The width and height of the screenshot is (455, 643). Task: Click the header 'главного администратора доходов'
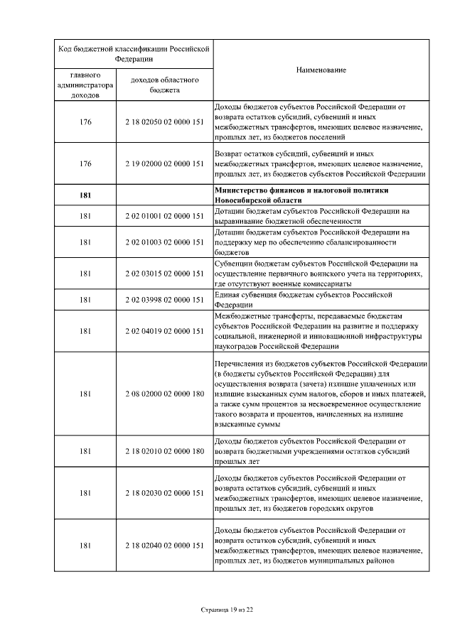[x=85, y=85]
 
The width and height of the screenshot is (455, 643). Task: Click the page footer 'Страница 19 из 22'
[x=227, y=610]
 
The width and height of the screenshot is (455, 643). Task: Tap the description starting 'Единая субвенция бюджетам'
[x=304, y=299]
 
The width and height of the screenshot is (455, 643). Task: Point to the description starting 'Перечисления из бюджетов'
[x=321, y=394]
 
